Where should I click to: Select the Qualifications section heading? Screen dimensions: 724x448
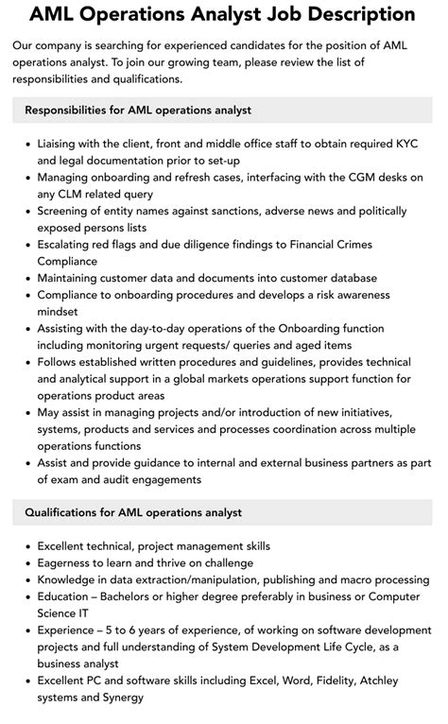[x=133, y=512]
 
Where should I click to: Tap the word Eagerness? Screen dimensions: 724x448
[x=69, y=562]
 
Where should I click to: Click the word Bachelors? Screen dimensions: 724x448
[x=137, y=596]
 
